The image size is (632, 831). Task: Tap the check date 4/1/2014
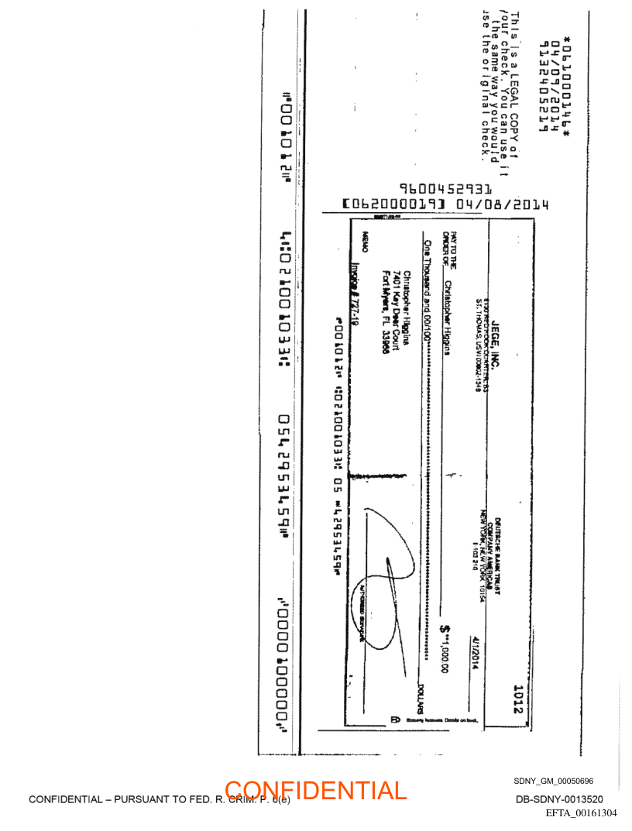coord(475,652)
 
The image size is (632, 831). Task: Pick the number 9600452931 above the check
coord(445,188)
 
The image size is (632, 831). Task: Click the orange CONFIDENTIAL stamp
coord(315,791)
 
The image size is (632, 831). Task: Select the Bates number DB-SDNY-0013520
coord(559,799)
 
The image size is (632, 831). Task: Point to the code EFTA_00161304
coord(581,812)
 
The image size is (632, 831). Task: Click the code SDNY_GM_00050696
coord(553,781)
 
